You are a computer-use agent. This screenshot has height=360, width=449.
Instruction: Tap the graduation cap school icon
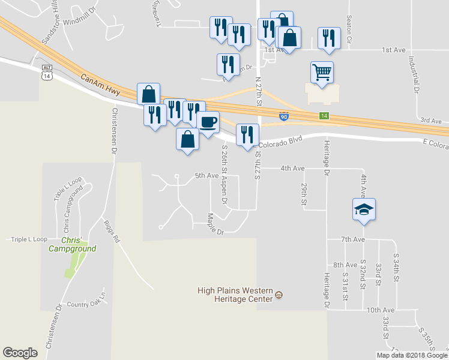coord(364,210)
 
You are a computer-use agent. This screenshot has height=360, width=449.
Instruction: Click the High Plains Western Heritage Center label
coord(235,295)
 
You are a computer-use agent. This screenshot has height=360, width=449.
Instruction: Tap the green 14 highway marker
coord(324,115)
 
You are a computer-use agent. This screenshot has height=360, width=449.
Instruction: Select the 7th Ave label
coord(353,239)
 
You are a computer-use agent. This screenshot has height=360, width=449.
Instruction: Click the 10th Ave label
coord(381,310)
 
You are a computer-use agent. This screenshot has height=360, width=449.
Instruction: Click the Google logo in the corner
coord(20,352)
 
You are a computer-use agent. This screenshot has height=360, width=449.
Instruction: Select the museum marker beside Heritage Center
coord(279,295)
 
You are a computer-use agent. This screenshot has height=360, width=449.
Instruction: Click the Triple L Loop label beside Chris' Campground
coord(29,239)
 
